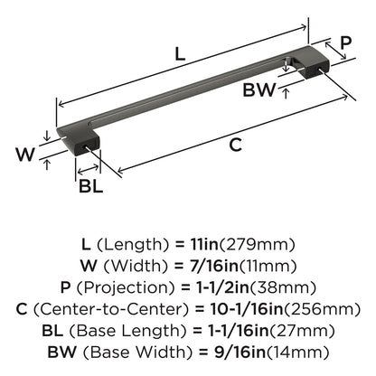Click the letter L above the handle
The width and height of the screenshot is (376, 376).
(x=180, y=54)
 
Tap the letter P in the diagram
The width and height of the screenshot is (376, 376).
(x=345, y=42)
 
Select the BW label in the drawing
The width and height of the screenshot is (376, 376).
(x=259, y=89)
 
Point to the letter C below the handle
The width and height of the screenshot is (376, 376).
(x=235, y=145)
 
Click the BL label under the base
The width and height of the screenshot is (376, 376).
(x=91, y=186)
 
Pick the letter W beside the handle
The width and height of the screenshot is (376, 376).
(x=25, y=155)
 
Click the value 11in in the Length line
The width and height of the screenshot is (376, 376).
(x=204, y=244)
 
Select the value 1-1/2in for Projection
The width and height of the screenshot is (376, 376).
(x=220, y=287)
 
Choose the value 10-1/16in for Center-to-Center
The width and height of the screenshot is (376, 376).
(x=247, y=309)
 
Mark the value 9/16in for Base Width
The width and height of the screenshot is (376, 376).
(x=240, y=352)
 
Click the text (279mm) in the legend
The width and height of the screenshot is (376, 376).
(x=257, y=245)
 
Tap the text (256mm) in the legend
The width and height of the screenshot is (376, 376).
(x=322, y=309)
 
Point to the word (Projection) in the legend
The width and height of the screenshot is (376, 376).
(x=126, y=287)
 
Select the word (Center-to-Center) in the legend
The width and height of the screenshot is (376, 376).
(x=111, y=309)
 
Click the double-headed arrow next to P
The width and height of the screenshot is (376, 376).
(x=335, y=51)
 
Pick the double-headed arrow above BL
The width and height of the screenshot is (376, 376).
(x=88, y=170)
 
